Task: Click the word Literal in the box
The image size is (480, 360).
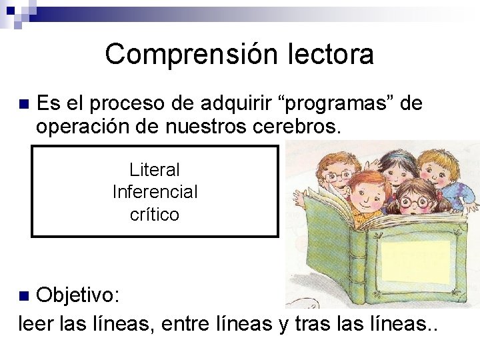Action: coord(155,170)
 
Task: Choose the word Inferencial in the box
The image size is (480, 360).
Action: coord(155,192)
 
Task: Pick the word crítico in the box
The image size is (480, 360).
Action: coord(155,215)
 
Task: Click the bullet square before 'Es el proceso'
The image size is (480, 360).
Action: coord(24,105)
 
